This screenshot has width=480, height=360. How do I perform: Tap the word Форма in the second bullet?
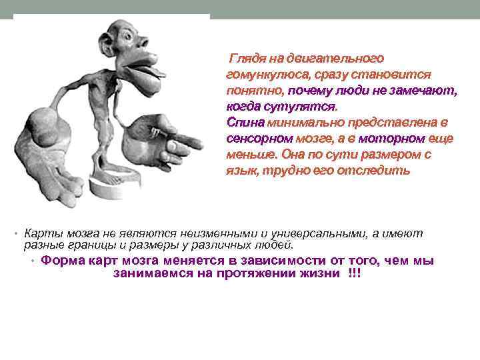(x=61, y=261)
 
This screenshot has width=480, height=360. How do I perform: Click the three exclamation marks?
(x=354, y=274)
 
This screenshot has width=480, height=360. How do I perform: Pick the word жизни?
(x=323, y=274)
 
